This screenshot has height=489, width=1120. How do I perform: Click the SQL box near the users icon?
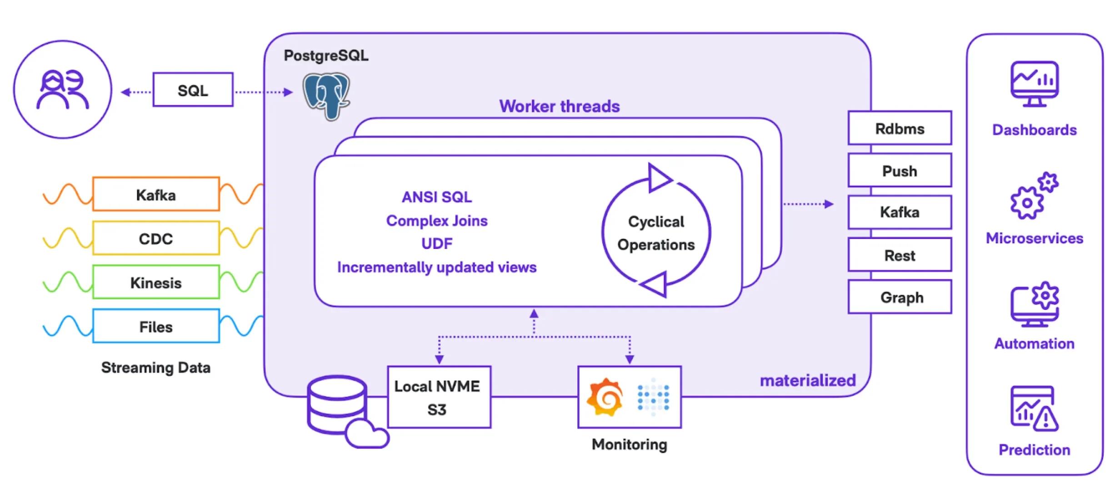[x=193, y=90]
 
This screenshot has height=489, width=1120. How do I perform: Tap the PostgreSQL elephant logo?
[x=326, y=96]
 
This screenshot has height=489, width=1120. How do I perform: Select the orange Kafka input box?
[x=156, y=195]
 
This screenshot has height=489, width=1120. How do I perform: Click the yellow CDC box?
[x=156, y=239]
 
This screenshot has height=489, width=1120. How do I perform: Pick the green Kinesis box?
[x=156, y=282]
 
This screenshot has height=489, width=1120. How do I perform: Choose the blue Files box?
[x=156, y=326]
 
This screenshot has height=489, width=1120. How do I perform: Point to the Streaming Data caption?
[x=155, y=367]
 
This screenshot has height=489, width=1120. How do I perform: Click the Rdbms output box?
[x=900, y=129]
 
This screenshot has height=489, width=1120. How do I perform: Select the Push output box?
[x=900, y=171]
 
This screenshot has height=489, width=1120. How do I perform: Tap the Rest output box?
[x=900, y=255]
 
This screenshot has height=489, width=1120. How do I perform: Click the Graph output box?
[x=900, y=297]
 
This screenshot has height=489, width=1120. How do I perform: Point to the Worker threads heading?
[x=559, y=106]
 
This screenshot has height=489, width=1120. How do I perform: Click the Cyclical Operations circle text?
[x=656, y=233]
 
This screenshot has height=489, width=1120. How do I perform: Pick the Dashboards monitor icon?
[x=1035, y=84]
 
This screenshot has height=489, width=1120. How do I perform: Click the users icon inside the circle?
[x=62, y=90]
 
